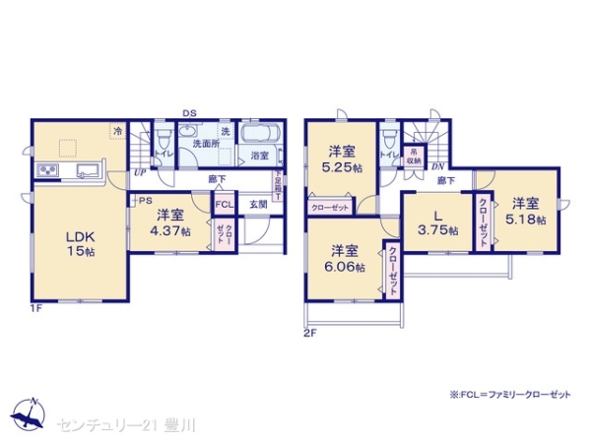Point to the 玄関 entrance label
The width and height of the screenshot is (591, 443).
[x=257, y=204]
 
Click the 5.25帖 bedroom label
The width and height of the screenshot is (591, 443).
[x=340, y=158]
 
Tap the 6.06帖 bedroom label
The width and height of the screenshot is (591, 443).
[x=345, y=258]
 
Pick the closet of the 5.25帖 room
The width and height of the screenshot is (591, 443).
[x=332, y=207]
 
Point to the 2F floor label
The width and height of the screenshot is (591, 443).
[x=307, y=333]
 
